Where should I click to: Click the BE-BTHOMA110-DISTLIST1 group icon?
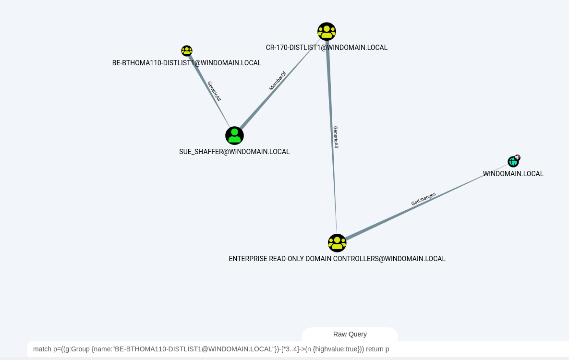pos(187,51)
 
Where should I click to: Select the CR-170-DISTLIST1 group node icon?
pos(327,32)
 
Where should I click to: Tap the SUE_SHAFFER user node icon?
pos(234,136)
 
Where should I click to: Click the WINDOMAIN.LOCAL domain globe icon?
pos(513,162)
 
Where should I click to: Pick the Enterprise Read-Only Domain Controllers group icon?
pos(337,243)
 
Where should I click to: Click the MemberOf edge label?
pos(278,81)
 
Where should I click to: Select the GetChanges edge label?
pos(424,199)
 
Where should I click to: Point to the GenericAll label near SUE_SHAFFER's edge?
pos(214,91)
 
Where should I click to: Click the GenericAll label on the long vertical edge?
pos(336,137)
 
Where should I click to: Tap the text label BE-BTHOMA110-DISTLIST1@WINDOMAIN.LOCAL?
pos(187,63)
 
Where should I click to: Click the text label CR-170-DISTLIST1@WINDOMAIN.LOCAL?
pos(327,48)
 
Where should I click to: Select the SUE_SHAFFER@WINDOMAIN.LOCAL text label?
pos(234,152)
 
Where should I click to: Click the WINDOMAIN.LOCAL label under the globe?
pos(513,174)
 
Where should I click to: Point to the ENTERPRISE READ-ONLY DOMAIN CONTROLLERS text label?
pos(337,259)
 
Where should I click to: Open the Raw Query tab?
pos(350,334)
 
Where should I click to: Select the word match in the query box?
pos(42,349)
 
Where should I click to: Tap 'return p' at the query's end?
pos(377,349)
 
